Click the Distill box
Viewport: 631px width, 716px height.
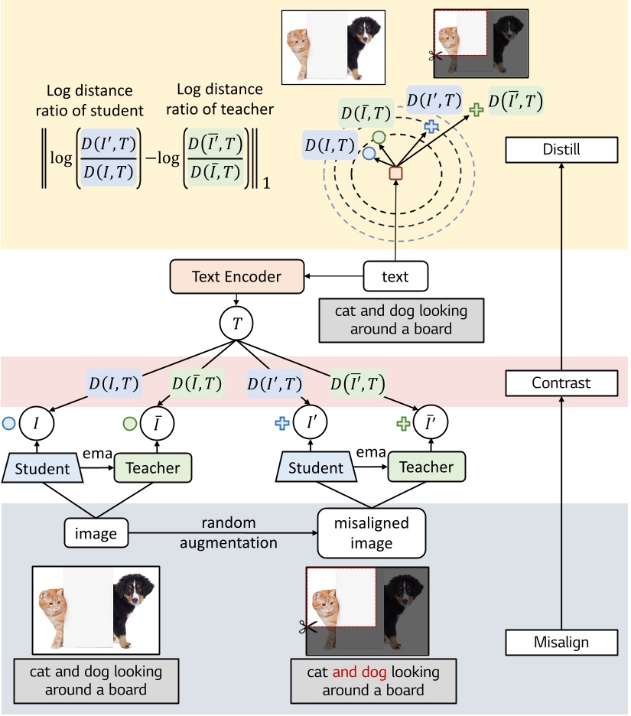click(x=561, y=151)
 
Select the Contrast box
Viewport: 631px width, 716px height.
click(x=561, y=382)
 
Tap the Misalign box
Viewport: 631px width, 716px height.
click(x=561, y=641)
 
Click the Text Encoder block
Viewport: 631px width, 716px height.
click(x=236, y=276)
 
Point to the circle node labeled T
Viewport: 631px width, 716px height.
click(x=237, y=324)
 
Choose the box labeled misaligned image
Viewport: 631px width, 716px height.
click(x=371, y=534)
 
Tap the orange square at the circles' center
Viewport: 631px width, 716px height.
click(x=395, y=174)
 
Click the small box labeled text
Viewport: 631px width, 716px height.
click(x=395, y=276)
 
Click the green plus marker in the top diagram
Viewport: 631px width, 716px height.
click(x=476, y=110)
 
